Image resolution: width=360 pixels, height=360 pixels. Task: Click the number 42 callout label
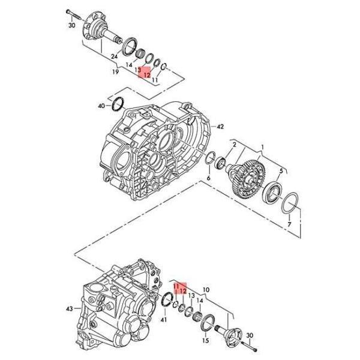(x=220, y=127)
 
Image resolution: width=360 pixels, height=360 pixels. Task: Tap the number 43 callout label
(x=70, y=308)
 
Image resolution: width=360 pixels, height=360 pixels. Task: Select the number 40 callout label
(x=101, y=106)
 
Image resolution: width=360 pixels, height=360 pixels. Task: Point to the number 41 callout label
(x=164, y=319)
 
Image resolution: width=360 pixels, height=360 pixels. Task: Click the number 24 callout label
(x=114, y=57)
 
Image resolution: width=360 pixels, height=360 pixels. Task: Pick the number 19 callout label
(x=115, y=71)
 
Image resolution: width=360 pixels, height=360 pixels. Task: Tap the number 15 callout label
(x=206, y=340)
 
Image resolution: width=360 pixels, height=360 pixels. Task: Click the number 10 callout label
(x=206, y=290)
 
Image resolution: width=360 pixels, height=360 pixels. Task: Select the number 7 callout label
(x=289, y=224)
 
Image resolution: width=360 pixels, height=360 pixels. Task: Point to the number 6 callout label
(x=208, y=178)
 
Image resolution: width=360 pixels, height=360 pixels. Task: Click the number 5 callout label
(x=281, y=171)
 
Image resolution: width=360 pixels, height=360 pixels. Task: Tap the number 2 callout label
(x=234, y=145)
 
